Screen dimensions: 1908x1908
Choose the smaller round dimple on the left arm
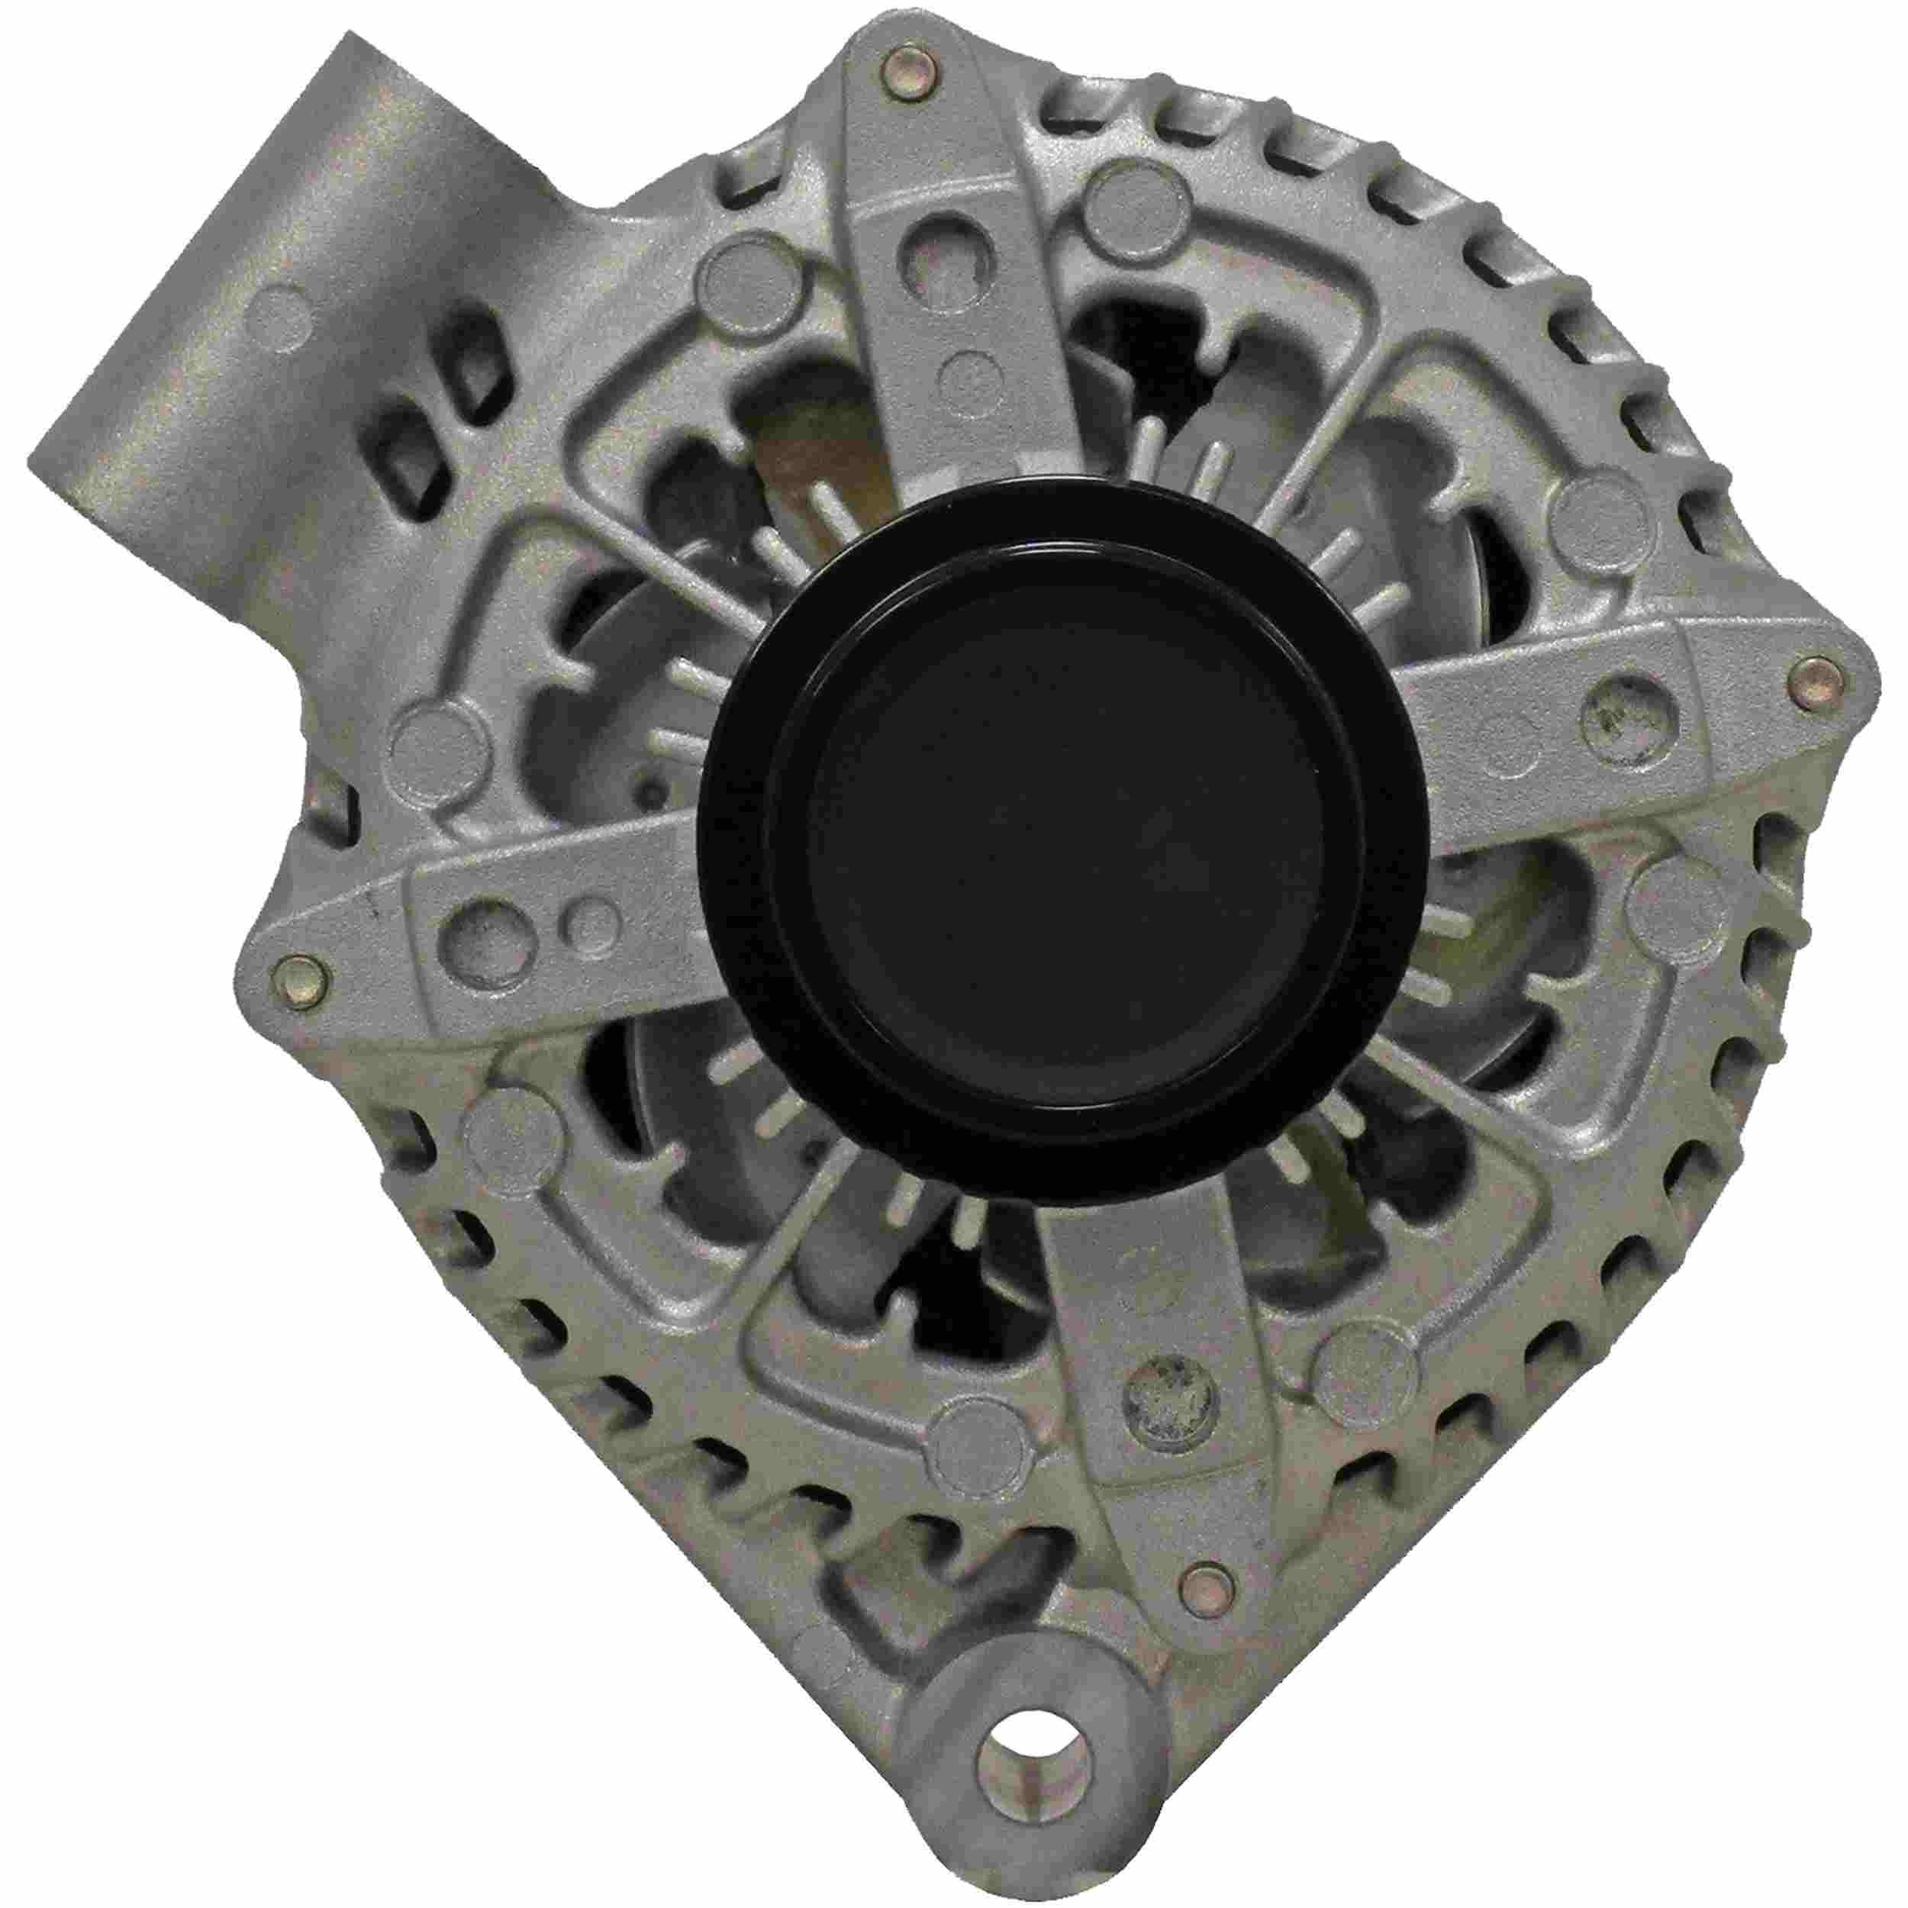(591, 924)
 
